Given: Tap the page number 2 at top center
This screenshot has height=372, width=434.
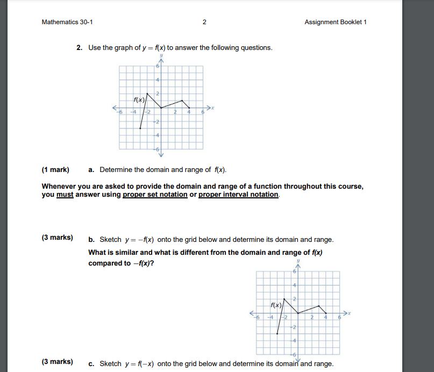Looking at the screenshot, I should pyautogui.click(x=204, y=22).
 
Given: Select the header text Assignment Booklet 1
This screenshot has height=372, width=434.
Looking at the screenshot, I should pyautogui.click(x=335, y=22).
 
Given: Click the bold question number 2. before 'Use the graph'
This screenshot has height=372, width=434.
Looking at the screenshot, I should pyautogui.click(x=79, y=48).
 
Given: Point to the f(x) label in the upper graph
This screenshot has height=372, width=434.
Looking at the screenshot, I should pyautogui.click(x=139, y=99).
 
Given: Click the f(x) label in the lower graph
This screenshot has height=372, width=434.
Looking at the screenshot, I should pyautogui.click(x=276, y=305).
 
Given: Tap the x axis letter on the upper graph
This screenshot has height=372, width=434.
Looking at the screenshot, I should pyautogui.click(x=212, y=108).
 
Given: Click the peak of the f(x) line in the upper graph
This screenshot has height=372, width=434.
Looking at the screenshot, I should pyautogui.click(x=147, y=93).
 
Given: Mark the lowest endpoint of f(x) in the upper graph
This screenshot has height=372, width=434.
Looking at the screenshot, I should pyautogui.click(x=140, y=128).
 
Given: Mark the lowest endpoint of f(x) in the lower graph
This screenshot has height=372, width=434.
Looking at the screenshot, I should pyautogui.click(x=278, y=334).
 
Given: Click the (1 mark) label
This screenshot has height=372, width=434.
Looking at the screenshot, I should pyautogui.click(x=55, y=170).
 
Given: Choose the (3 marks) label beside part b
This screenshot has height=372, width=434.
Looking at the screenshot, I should pyautogui.click(x=57, y=238).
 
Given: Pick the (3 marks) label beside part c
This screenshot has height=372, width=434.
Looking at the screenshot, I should pyautogui.click(x=57, y=362).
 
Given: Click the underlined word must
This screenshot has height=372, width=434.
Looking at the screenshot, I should pyautogui.click(x=65, y=195).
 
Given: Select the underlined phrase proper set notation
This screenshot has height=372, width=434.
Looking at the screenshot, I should pyautogui.click(x=155, y=195).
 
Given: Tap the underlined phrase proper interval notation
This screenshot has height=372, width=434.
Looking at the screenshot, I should pyautogui.click(x=239, y=195).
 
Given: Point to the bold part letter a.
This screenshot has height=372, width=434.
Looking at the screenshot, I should pyautogui.click(x=91, y=170).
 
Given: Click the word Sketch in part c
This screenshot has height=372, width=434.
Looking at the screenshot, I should pyautogui.click(x=110, y=364).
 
